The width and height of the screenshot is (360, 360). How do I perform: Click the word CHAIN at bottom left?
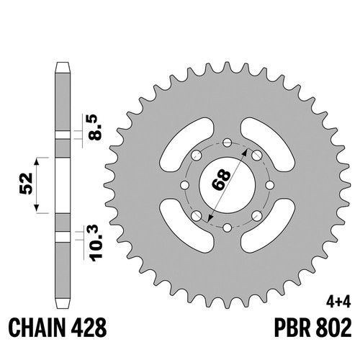(x=37, y=328)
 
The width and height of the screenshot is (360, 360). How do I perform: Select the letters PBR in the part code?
(x=292, y=328)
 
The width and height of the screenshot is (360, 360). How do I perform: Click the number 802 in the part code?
(x=333, y=328)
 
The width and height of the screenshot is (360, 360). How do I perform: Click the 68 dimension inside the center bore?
(x=221, y=180)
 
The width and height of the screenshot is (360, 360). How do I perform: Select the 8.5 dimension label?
(x=94, y=127)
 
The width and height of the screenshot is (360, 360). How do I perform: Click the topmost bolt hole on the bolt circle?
(x=227, y=143)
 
